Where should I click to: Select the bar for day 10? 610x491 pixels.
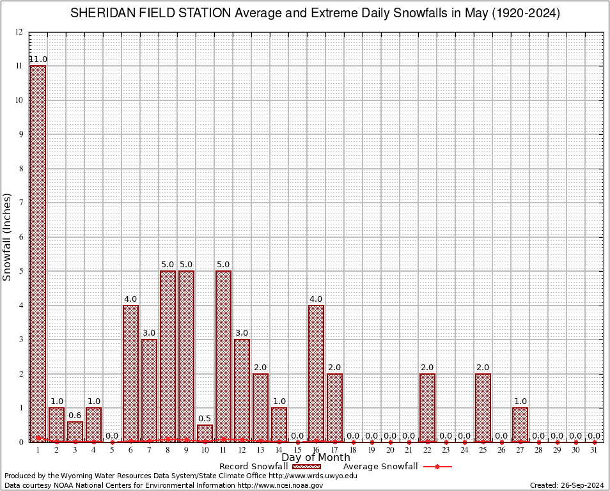point(205,433)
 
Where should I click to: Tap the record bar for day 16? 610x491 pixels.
point(316,373)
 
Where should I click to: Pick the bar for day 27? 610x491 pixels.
point(520,425)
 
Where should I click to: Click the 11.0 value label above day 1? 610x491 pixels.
point(38,59)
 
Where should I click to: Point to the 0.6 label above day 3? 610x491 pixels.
point(75,415)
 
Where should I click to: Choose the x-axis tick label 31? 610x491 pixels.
point(594,450)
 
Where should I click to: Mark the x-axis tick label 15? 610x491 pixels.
point(297,450)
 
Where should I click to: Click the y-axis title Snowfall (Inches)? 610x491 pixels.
point(7,237)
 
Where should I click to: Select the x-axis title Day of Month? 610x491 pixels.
point(315,458)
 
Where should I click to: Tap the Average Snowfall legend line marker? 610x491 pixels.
point(437,467)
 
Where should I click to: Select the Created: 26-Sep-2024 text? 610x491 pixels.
point(567,485)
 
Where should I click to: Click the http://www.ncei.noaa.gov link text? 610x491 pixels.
point(280,485)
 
